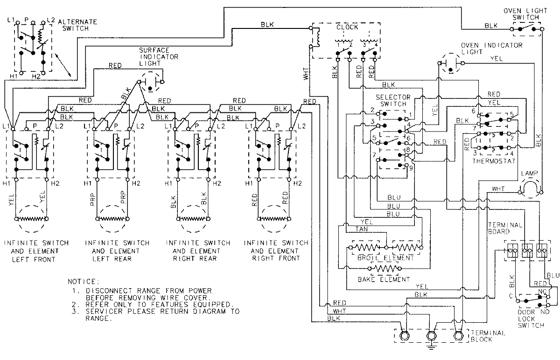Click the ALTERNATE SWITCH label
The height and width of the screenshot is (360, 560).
80,25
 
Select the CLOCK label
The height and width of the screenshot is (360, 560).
347,27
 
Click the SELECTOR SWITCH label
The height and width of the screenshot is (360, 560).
393,100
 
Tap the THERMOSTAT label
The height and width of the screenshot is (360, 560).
493,161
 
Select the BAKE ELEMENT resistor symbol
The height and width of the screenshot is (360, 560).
384,269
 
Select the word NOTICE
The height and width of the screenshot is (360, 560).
84,282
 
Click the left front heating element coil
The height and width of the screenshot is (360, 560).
31,218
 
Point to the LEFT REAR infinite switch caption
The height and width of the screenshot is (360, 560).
118,251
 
